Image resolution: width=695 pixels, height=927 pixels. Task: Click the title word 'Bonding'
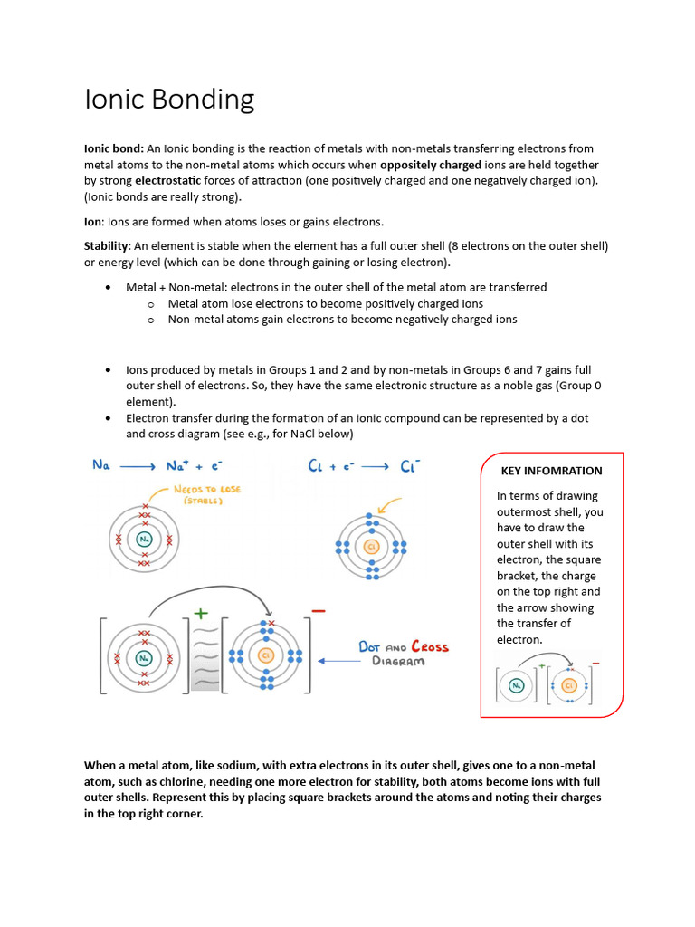pos(207,100)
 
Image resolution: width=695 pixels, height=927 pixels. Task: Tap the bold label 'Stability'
pos(108,246)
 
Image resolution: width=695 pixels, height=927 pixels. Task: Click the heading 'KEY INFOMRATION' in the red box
pos(551,471)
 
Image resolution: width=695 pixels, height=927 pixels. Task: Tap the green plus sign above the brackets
pos(201,614)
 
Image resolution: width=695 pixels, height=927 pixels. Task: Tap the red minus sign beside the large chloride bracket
pos(319,612)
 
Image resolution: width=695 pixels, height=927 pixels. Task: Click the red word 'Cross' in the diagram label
pos(430,646)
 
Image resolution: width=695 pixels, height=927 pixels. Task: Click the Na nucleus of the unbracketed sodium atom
pos(145,540)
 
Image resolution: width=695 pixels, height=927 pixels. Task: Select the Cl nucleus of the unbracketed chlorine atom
pos(371,547)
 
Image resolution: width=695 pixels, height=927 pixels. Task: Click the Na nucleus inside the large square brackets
pos(143,657)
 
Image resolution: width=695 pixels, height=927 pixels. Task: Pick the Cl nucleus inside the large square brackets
pos(265,655)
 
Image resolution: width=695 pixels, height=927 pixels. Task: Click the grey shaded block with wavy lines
pos(206,655)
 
